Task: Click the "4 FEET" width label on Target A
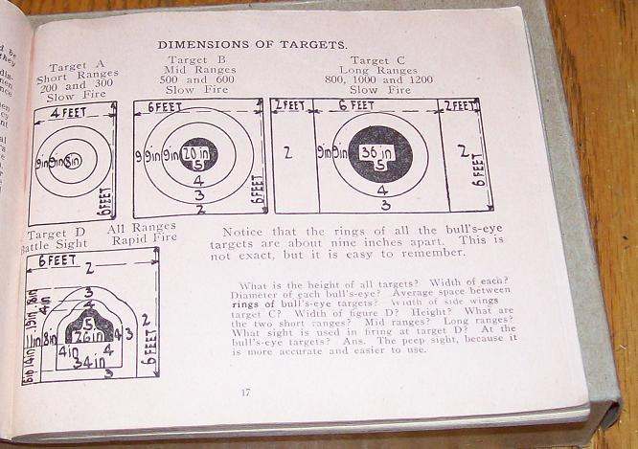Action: (x=70, y=111)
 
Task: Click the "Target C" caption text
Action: (x=380, y=59)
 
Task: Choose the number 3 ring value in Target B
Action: (x=198, y=194)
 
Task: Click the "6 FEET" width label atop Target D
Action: (x=58, y=259)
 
